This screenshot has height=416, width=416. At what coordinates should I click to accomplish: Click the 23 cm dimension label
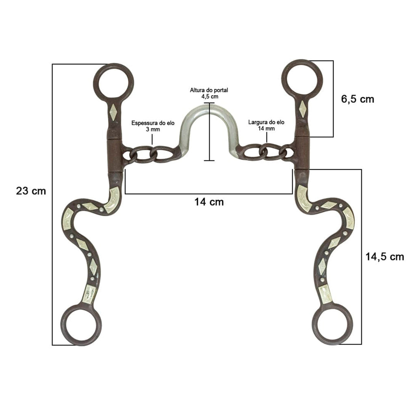pyautogui.click(x=31, y=191)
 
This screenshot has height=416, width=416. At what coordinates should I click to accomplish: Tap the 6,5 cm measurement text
pyautogui.click(x=357, y=99)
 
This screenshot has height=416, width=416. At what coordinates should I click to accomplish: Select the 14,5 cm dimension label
pyautogui.click(x=385, y=257)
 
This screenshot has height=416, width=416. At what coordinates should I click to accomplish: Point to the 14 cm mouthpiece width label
pyautogui.click(x=209, y=202)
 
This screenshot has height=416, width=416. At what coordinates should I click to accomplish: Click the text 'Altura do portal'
pyautogui.click(x=209, y=90)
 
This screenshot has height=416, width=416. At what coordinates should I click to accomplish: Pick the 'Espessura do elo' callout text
pyautogui.click(x=153, y=123)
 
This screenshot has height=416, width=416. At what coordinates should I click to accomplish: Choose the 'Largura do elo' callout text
pyautogui.click(x=266, y=122)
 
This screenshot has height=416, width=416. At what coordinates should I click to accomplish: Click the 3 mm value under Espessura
pyautogui.click(x=153, y=130)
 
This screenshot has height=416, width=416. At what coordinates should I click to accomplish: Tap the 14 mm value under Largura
pyautogui.click(x=266, y=129)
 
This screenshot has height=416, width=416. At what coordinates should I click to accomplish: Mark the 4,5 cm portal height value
pyautogui.click(x=210, y=97)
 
